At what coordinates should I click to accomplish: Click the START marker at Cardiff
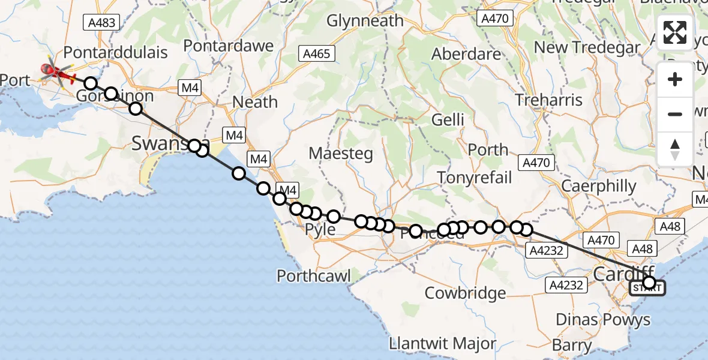click(647, 289)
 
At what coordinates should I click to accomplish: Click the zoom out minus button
click(675, 114)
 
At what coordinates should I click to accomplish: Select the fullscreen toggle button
click(675, 32)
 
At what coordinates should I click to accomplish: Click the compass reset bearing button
click(675, 149)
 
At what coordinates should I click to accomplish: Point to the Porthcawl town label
click(313, 275)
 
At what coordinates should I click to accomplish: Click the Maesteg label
click(341, 153)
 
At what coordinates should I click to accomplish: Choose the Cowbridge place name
click(465, 293)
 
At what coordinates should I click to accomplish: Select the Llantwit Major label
click(443, 344)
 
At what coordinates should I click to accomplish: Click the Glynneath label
click(365, 21)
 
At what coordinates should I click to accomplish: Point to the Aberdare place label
click(466, 54)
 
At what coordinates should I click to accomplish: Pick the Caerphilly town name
click(598, 186)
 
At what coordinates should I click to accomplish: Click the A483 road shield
click(100, 23)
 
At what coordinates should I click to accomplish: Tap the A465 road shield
click(317, 53)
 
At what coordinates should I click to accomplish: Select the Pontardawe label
click(228, 46)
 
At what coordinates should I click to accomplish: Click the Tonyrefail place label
click(474, 178)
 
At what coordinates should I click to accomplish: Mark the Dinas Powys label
click(602, 320)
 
